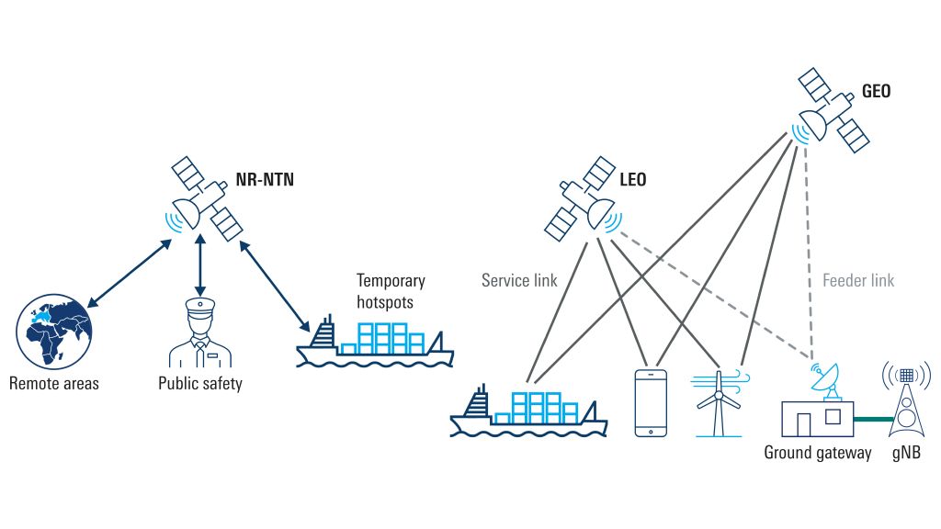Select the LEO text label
coord(632,180)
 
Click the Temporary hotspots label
coord(391,290)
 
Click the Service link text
coord(519,280)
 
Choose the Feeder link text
coord(858,280)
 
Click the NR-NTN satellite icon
coord(202,197)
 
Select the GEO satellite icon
coord(832,110)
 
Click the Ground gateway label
coord(818,453)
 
